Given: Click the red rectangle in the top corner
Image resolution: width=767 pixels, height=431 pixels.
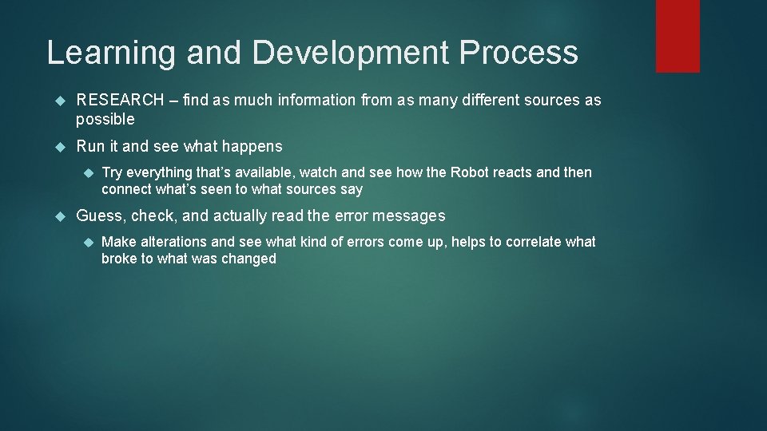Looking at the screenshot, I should (678, 36).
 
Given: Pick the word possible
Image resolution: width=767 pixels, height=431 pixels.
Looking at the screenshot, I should (105, 119).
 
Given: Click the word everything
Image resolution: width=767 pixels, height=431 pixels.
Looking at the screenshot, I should (161, 173).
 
